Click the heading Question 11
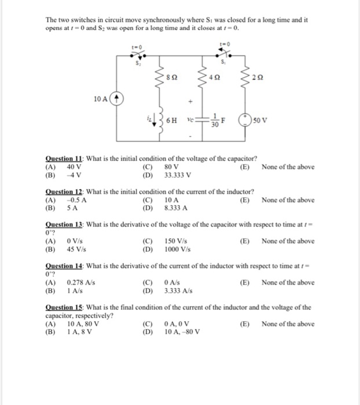pos(64,159)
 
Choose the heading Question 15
pos(64,308)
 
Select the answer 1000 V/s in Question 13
pos(178,249)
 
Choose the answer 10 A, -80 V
pos(182,332)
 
